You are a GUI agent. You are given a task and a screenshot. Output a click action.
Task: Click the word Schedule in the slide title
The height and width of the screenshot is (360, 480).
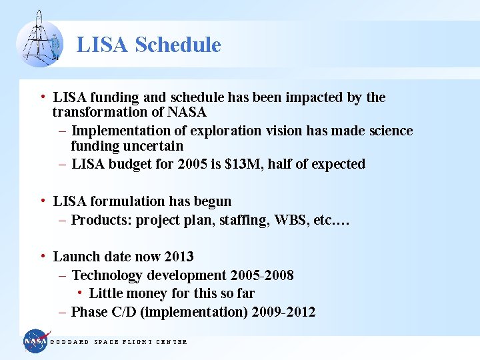pyautogui.click(x=177, y=45)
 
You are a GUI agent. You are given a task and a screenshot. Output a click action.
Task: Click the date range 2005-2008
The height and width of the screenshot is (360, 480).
pyautogui.click(x=262, y=275)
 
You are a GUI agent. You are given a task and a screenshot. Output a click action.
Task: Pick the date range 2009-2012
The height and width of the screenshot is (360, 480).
pyautogui.click(x=284, y=312)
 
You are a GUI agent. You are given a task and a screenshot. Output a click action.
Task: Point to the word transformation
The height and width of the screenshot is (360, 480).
pyautogui.click(x=100, y=113)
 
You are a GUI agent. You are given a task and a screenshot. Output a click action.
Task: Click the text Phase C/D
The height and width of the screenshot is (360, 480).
pyautogui.click(x=105, y=312)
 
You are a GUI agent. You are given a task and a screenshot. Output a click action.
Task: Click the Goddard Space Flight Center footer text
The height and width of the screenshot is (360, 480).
pyautogui.click(x=119, y=342)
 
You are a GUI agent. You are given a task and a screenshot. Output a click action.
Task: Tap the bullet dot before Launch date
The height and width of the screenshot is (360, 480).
pyautogui.click(x=42, y=256)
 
